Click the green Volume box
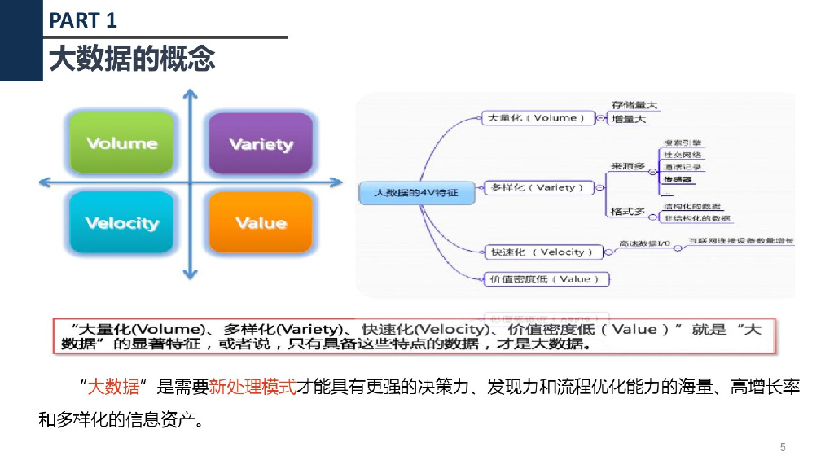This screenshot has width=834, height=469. coord(121,143)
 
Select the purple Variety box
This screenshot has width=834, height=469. coord(261,144)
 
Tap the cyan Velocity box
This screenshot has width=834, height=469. coord(121,222)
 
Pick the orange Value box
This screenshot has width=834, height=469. coord(261,222)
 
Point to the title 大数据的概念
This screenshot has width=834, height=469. coord(132,59)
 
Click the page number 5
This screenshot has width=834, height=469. coord(783,447)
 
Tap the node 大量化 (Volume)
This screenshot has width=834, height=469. coord(534,118)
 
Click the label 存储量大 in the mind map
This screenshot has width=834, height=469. coord(635,105)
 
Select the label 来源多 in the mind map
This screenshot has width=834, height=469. coord(628,167)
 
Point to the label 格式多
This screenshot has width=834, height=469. coord(628,212)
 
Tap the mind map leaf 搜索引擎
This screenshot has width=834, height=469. coord(683,142)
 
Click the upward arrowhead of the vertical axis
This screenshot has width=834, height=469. coord(190,96)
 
